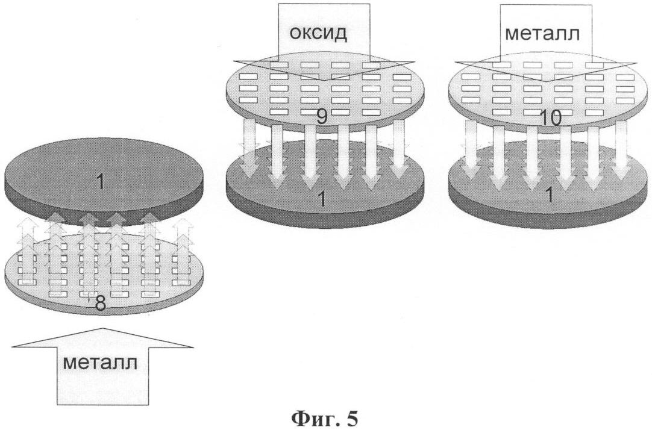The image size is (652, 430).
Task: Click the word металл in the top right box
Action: (x=542, y=33)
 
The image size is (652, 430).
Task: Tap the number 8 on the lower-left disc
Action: (x=101, y=304)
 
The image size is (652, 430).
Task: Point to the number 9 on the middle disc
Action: (x=322, y=116)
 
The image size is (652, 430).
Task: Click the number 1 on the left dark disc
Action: (x=101, y=181)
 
